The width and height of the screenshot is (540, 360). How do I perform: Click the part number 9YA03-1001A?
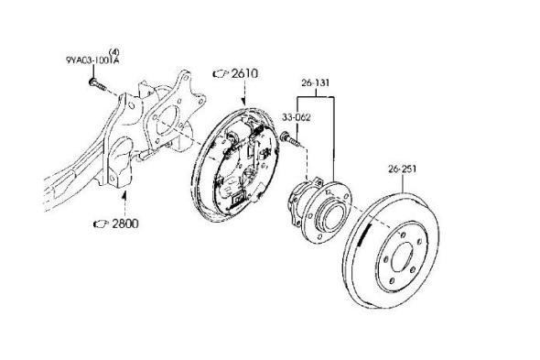pos(92,60)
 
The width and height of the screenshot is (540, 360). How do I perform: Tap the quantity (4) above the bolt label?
pos(114,52)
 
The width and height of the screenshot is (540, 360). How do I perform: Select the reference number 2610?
pos(244,73)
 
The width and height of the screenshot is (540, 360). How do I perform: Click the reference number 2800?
pos(125,224)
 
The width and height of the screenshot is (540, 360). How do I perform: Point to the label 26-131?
pos(315,83)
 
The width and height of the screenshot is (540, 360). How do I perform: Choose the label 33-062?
pos(297,117)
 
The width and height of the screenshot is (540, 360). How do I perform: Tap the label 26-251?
pos(402,169)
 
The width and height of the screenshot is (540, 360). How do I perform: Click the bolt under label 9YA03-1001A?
pos(98,84)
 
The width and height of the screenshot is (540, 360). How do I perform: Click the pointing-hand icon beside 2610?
pos(221,73)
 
